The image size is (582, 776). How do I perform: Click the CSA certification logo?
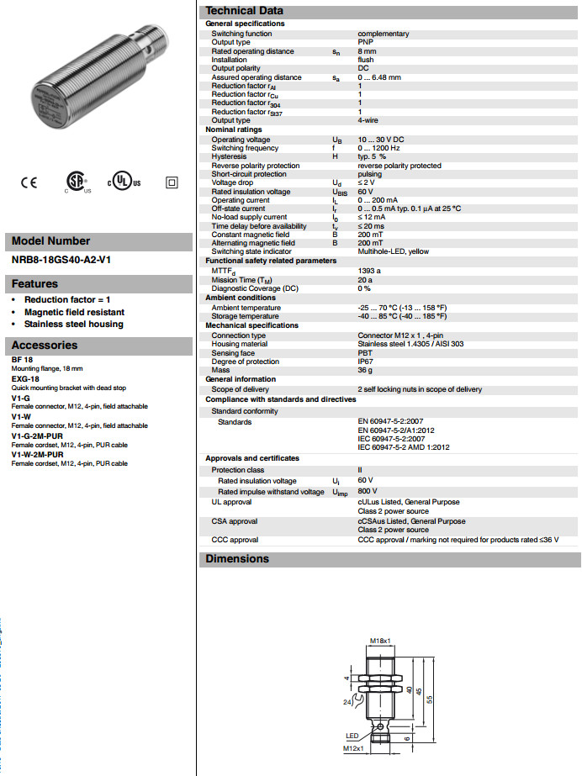(77, 182)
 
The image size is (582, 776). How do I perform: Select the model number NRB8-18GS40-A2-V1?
(61, 260)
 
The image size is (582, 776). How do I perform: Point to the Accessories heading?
(45, 346)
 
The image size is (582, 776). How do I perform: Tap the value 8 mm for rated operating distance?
(369, 51)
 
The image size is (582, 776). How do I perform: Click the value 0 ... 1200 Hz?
(380, 148)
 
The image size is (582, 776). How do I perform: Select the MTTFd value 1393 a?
(370, 271)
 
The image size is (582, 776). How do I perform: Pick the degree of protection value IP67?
(367, 361)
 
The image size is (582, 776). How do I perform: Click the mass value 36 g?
(366, 370)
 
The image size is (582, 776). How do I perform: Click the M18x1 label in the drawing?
(381, 641)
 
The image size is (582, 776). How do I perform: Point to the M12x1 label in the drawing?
(353, 748)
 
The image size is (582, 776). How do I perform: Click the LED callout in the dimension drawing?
(352, 736)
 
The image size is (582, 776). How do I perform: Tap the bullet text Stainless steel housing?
(73, 324)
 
